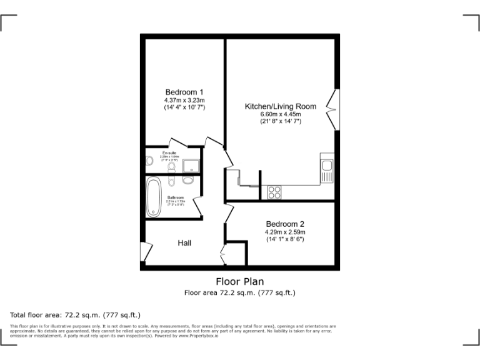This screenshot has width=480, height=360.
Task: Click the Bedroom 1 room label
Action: pos(184,92)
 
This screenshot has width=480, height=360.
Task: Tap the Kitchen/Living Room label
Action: pos(280,107)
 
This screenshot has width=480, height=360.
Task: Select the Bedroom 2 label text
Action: pos(285,224)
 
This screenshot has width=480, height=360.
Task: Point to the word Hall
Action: pos(184,242)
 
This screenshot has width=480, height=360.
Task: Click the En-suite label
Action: pos(169,153)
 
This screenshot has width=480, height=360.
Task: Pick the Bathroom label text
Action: pos(176,197)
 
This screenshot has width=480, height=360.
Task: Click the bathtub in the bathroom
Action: pos(154,197)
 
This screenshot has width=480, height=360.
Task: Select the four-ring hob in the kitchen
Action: pos(274,192)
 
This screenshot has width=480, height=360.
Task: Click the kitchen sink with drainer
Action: pos(327,169)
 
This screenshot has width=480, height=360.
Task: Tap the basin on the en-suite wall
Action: pos(149,161)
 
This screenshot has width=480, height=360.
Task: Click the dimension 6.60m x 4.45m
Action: pos(281,114)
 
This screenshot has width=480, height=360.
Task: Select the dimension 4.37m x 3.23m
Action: pos(184,100)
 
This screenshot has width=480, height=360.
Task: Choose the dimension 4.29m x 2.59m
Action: pos(285,232)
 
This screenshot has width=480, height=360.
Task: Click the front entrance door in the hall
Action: pos(145,252)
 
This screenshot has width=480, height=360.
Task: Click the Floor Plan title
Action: pos(240,281)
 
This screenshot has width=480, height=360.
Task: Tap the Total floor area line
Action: pos(76,314)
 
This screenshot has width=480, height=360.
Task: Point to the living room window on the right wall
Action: pos(337,109)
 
